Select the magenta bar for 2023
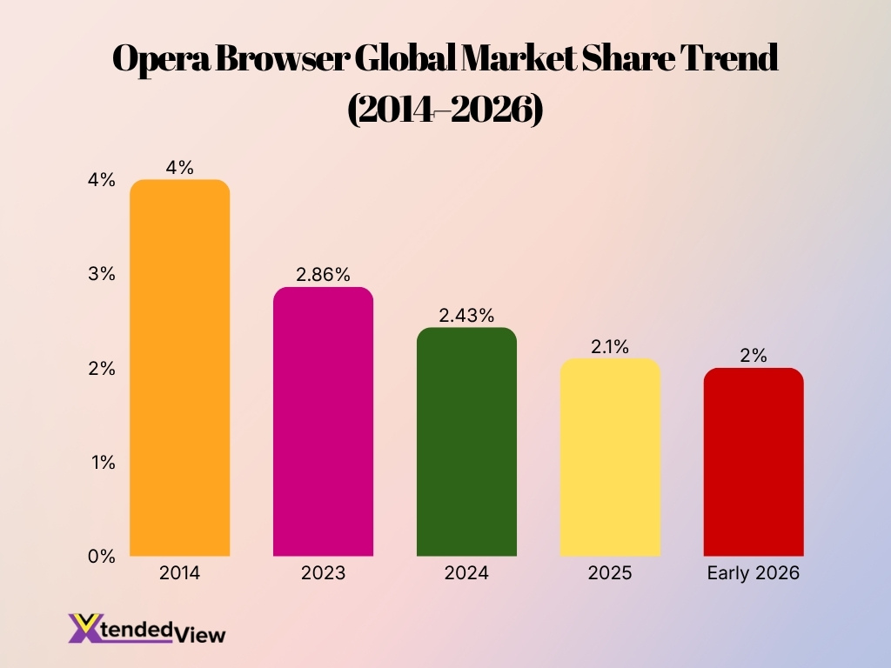click(x=323, y=422)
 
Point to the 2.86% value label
click(x=323, y=275)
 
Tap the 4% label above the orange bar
click(x=179, y=168)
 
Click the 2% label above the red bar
click(x=754, y=356)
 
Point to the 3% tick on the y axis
click(x=101, y=274)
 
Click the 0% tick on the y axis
click(x=101, y=557)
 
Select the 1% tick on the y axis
click(x=101, y=463)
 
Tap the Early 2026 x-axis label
click(x=754, y=574)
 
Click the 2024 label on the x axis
click(x=466, y=574)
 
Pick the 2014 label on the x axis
click(x=179, y=574)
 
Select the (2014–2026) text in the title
click(x=445, y=110)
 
